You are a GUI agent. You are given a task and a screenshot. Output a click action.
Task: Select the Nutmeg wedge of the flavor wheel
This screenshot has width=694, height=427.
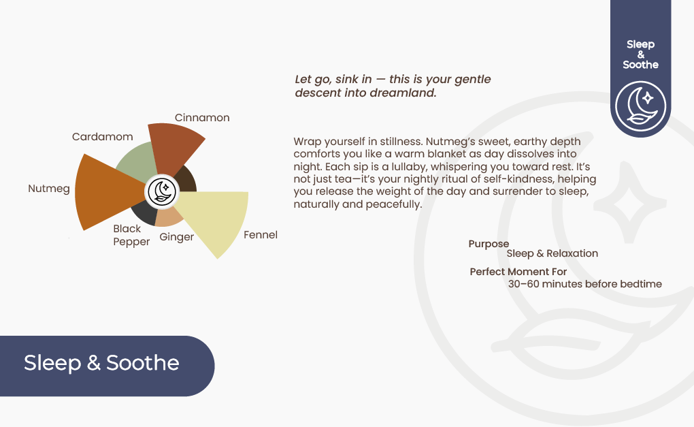click(106, 192)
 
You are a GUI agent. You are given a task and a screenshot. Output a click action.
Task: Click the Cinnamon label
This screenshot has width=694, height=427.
click(202, 118)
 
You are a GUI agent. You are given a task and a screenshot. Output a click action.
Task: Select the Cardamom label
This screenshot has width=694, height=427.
click(102, 137)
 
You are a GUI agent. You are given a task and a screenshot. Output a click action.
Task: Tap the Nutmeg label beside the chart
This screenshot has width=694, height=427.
click(49, 189)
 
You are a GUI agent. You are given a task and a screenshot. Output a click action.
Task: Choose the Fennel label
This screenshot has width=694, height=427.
click(260, 235)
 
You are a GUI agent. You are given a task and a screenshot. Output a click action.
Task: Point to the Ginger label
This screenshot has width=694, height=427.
click(177, 237)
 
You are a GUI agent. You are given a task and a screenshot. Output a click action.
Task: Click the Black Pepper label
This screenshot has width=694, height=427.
click(131, 235)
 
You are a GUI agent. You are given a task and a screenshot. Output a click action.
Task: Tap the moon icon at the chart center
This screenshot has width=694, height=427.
click(162, 192)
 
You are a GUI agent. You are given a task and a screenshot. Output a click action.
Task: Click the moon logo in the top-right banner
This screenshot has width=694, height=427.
click(640, 106)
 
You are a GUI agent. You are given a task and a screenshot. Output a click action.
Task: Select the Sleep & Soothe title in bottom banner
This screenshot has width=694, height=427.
click(101, 363)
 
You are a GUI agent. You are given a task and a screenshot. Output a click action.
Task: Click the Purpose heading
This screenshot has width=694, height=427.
click(489, 244)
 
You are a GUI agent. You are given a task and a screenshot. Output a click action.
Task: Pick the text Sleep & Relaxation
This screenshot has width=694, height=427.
click(552, 253)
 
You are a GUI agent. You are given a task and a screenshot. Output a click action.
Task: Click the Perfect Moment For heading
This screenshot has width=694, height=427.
click(518, 272)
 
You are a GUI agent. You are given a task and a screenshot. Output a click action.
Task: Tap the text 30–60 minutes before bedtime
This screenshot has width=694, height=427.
click(584, 284)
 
